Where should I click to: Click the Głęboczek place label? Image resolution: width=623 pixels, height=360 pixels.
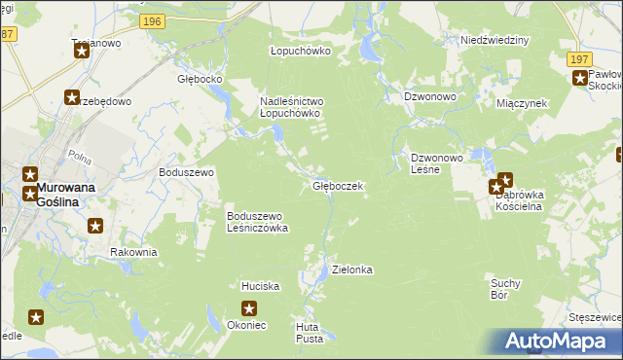(338, 186)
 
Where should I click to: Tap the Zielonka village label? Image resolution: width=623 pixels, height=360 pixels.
(352, 270)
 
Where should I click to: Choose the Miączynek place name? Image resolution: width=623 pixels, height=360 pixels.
(522, 102)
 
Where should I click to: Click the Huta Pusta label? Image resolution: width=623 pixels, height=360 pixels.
(310, 333)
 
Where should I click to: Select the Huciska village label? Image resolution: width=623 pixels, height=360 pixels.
(261, 287)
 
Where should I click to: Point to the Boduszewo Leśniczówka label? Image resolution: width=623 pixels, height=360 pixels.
(257, 222)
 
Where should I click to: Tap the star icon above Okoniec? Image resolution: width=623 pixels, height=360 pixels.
(250, 309)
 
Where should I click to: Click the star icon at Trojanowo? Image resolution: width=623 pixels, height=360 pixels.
(82, 51)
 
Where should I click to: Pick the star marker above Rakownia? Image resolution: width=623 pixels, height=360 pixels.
(95, 227)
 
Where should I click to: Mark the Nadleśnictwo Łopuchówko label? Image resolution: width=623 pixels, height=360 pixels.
(290, 107)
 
